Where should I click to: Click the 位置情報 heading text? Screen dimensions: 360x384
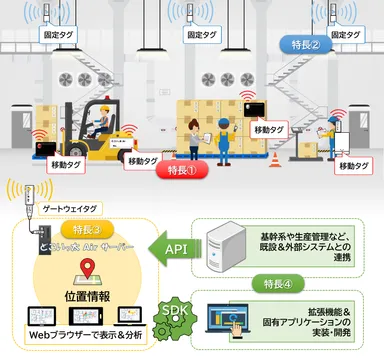(x=88, y=297)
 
